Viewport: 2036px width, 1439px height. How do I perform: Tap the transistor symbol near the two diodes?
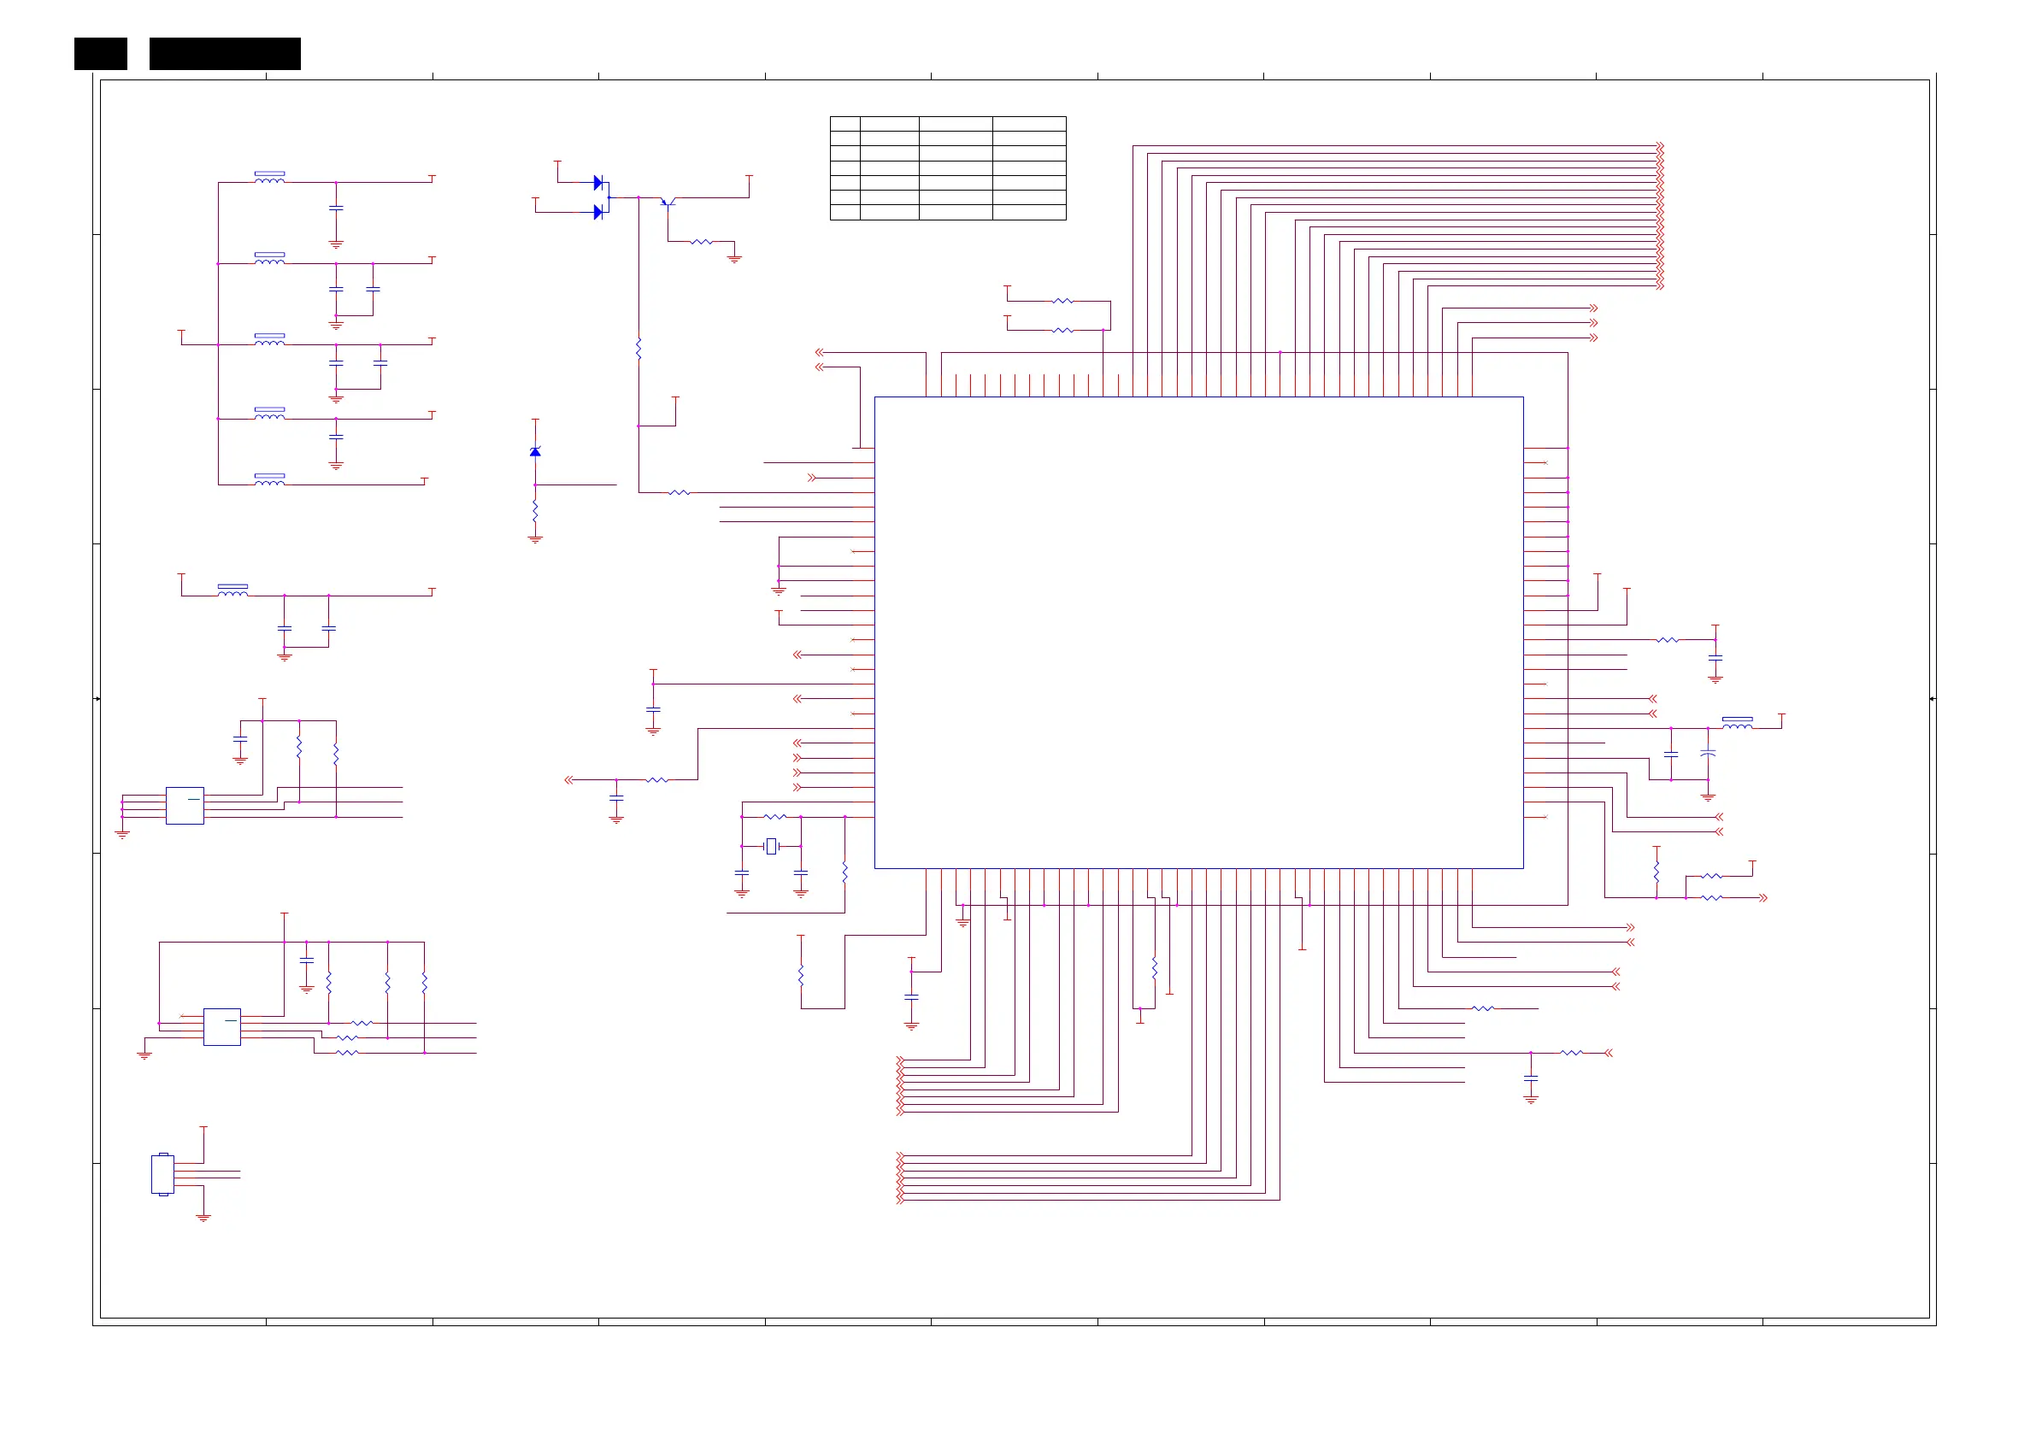click(x=668, y=202)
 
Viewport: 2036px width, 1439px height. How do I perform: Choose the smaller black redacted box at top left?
click(x=100, y=53)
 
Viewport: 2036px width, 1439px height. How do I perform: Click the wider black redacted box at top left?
click(x=226, y=53)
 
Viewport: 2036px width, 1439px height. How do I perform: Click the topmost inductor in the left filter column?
click(x=269, y=179)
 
